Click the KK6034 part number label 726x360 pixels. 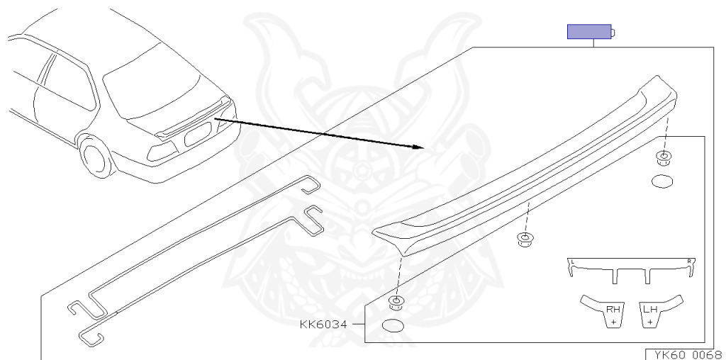(x=323, y=325)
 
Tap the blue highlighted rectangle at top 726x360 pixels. (x=589, y=32)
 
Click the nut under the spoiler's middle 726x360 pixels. (x=525, y=240)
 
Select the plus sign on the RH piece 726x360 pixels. (x=613, y=321)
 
